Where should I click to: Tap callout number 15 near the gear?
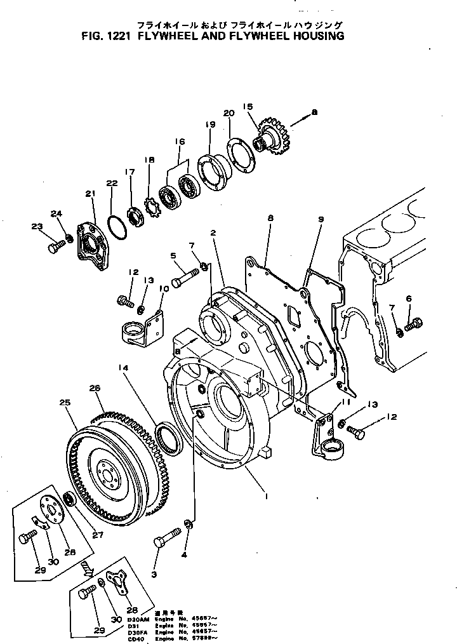(x=248, y=106)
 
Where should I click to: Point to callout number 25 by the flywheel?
(x=63, y=402)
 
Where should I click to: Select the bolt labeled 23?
(x=55, y=246)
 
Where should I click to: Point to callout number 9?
(x=321, y=219)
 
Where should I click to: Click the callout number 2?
(x=214, y=233)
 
